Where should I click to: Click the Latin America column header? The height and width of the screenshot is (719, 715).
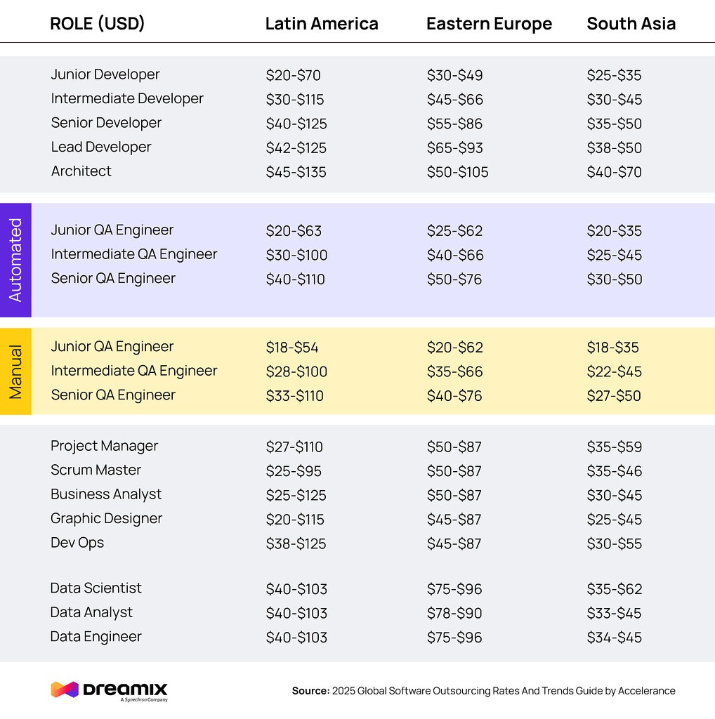[322, 24]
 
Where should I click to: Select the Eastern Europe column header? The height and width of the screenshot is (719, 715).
[489, 24]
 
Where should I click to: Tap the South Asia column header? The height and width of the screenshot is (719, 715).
[631, 24]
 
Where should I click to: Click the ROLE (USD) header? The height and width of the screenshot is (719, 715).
[98, 24]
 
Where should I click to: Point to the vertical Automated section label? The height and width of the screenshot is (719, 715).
[15, 260]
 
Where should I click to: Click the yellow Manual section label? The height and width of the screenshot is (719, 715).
[15, 371]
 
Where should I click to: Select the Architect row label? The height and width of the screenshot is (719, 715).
[81, 171]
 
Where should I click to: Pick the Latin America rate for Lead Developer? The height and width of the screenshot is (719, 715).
[296, 148]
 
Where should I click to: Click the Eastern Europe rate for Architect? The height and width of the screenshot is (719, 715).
[457, 172]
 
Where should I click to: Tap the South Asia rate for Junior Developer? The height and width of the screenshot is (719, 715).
[614, 76]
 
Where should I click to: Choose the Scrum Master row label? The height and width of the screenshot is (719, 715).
[96, 470]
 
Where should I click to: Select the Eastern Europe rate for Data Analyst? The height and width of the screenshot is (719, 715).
[454, 613]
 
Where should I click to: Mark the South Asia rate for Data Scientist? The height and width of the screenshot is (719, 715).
[615, 589]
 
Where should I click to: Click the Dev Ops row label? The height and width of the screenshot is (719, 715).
[77, 543]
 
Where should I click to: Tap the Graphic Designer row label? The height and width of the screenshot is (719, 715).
[106, 519]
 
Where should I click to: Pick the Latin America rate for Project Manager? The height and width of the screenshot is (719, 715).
[294, 447]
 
